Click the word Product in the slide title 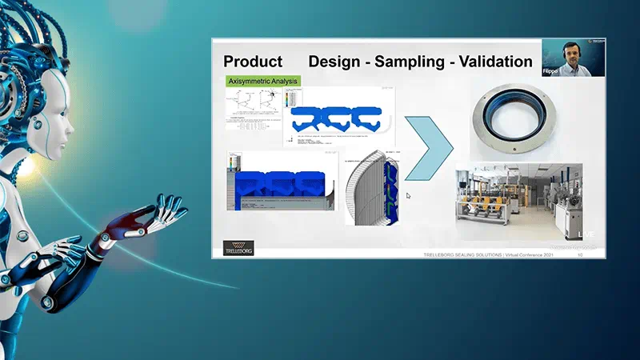[253, 62]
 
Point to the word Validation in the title [494, 62]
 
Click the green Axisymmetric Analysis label [262, 81]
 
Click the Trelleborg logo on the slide [238, 248]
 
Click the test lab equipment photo [518, 202]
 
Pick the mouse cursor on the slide [408, 195]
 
